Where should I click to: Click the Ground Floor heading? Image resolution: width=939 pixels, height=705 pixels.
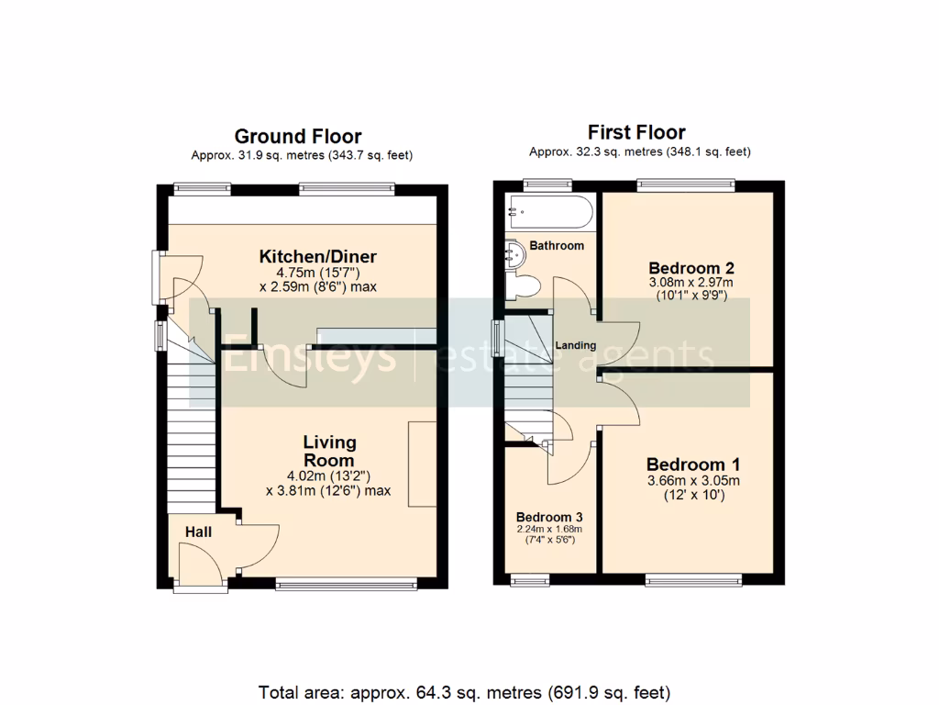coord(298,137)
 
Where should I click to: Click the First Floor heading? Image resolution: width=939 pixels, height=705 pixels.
coord(636,132)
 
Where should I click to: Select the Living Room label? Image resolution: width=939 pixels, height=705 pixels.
coord(328,452)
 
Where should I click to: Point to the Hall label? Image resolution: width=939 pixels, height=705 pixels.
coord(198,532)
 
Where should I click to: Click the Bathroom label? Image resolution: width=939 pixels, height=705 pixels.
coord(557,246)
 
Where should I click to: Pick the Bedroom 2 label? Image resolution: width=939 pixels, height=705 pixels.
coord(690,268)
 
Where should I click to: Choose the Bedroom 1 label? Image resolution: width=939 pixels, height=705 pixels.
coord(693,464)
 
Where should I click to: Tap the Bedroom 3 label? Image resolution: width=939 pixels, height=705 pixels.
coord(548,516)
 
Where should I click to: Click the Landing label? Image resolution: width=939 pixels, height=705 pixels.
coord(575,346)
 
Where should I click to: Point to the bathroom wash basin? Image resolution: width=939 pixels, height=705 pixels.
coord(513,254)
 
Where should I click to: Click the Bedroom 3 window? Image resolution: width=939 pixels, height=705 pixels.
coord(530,579)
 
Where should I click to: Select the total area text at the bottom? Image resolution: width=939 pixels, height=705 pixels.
coord(464,691)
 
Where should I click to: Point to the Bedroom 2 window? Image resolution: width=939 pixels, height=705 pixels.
coord(685,185)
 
